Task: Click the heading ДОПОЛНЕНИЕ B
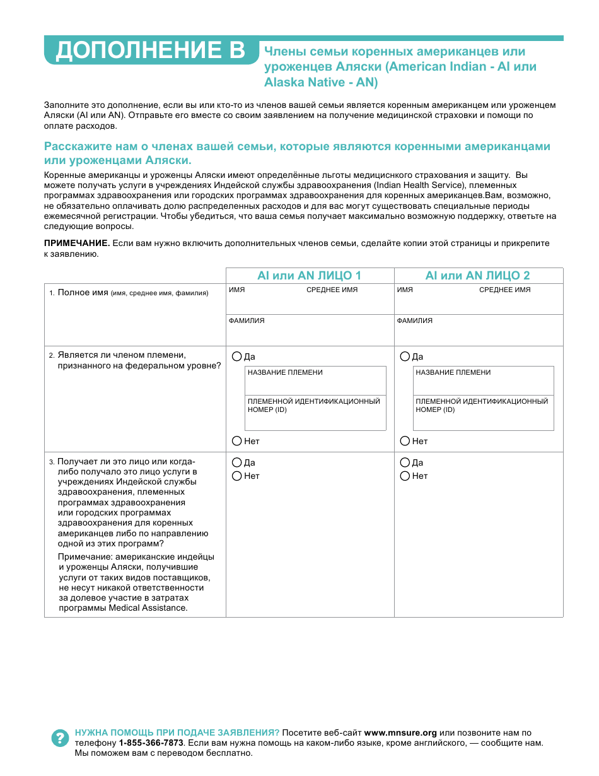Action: pyautogui.click(x=150, y=51)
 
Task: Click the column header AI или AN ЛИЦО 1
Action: pyautogui.click(x=309, y=276)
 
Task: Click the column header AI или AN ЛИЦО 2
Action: pyautogui.click(x=477, y=276)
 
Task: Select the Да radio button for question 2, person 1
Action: pyautogui.click(x=237, y=356)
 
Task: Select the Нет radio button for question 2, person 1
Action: pyautogui.click(x=237, y=441)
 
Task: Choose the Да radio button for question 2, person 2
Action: pyautogui.click(x=405, y=356)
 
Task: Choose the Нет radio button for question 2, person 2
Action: pyautogui.click(x=405, y=441)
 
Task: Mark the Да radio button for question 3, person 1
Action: pyautogui.click(x=237, y=462)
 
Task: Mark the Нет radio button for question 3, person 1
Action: pyautogui.click(x=237, y=476)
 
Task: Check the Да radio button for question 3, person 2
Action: pyautogui.click(x=405, y=462)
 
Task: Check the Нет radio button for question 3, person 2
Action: pyautogui.click(x=405, y=476)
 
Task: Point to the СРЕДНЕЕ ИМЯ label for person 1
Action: pyautogui.click(x=332, y=290)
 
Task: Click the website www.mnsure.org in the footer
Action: pyautogui.click(x=400, y=733)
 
